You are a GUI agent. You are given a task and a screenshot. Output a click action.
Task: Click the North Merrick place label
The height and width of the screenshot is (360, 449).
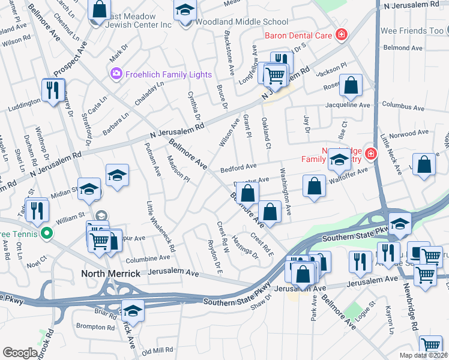(110, 274)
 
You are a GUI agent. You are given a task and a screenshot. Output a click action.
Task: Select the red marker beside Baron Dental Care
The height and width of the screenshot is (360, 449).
(341, 35)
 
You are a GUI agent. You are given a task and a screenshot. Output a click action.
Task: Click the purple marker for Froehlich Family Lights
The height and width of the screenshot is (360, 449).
(115, 74)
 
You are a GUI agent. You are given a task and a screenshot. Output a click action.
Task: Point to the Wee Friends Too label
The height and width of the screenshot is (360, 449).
(411, 31)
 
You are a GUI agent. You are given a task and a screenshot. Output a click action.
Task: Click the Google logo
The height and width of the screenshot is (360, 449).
(20, 353)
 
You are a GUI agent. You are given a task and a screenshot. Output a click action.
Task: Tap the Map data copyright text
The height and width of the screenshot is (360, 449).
(423, 355)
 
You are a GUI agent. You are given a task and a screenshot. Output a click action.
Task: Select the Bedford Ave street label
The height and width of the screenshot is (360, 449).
(238, 166)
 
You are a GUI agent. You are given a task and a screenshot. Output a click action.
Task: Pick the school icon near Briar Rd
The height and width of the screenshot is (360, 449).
(133, 311)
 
